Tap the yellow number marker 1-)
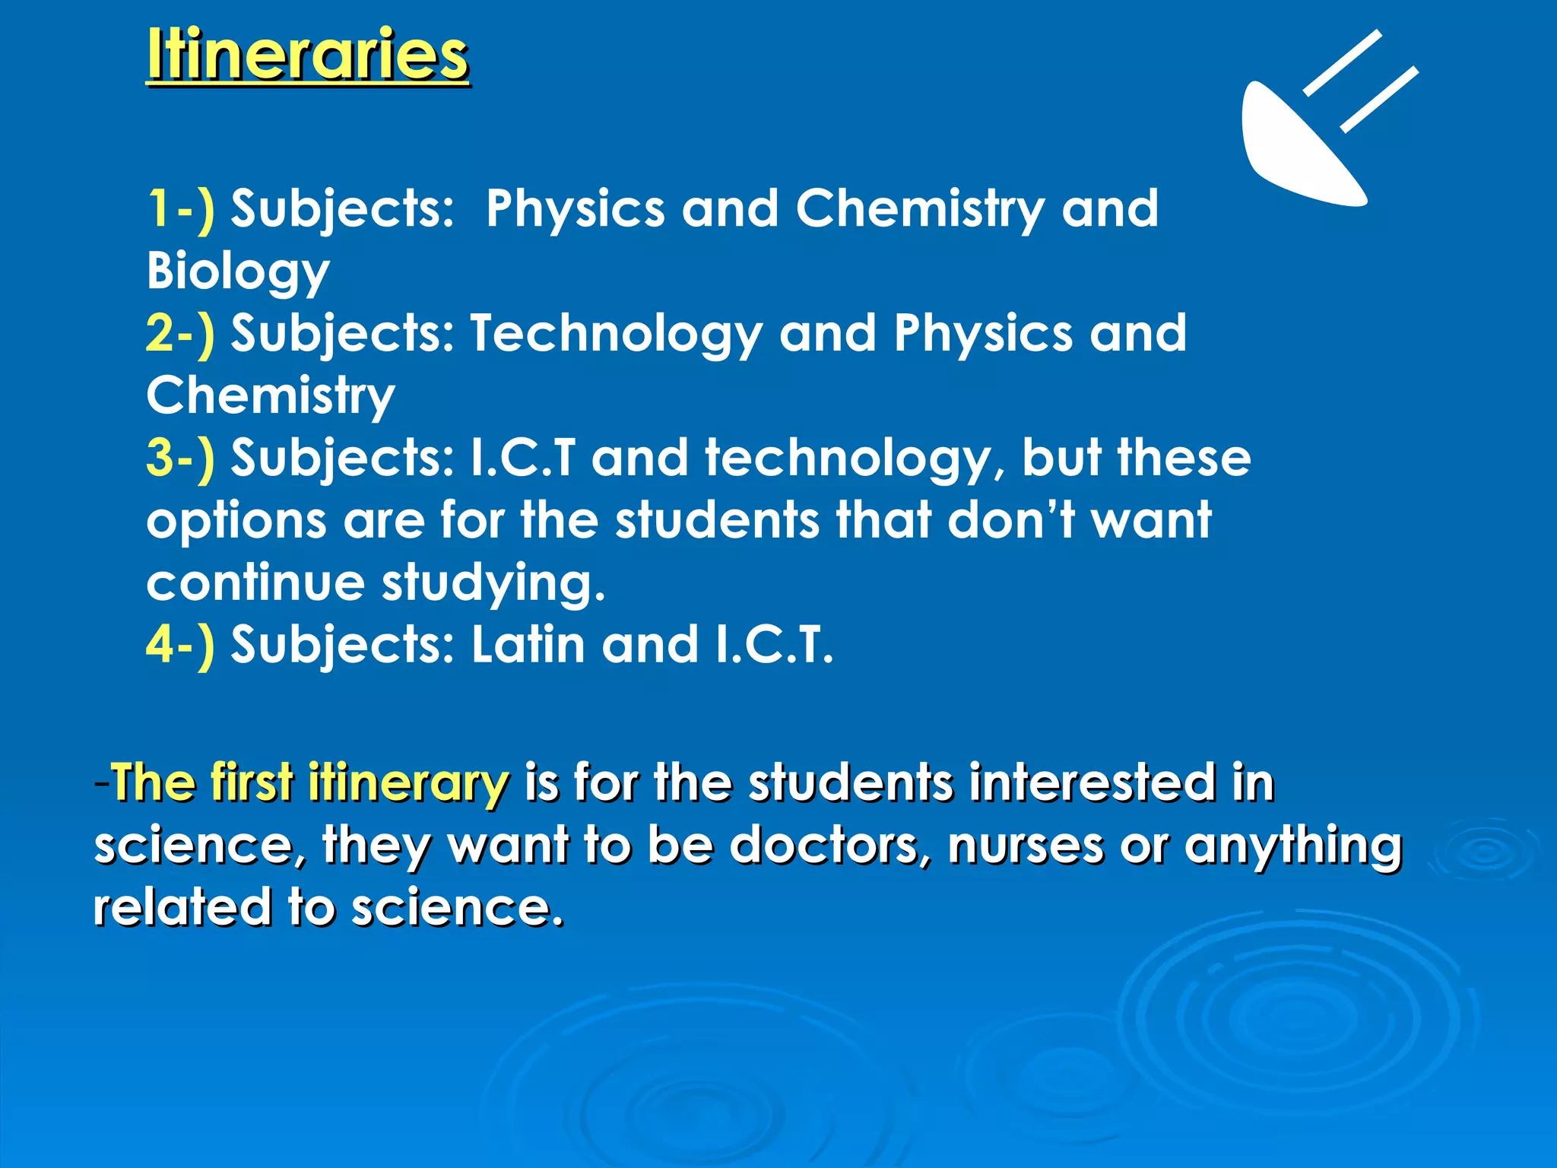180,208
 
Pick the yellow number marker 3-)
180,458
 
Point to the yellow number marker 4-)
180,645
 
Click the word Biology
238,271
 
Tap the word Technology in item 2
616,335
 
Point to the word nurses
1025,846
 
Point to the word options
236,522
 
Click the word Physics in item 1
575,210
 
